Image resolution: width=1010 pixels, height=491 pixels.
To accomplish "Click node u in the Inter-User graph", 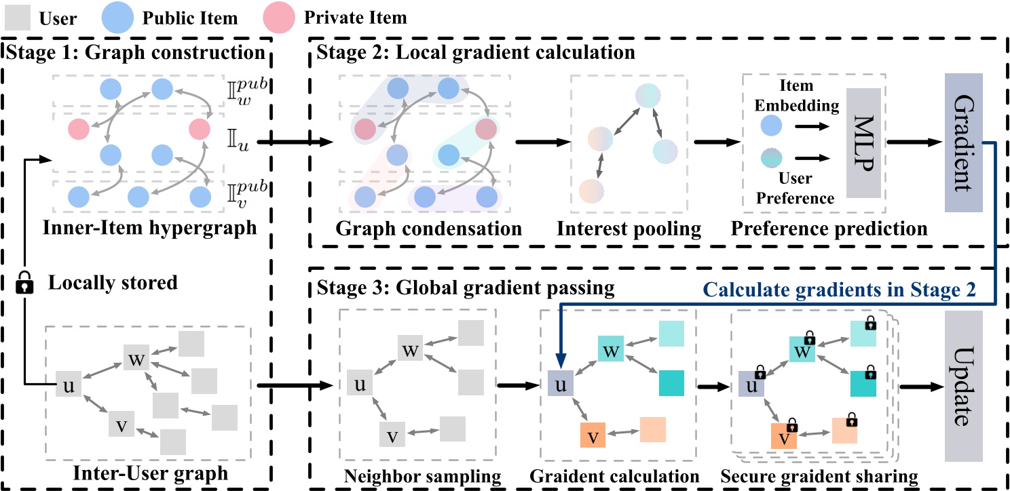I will (68, 385).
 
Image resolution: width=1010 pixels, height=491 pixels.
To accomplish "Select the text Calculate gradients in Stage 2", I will (841, 291).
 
